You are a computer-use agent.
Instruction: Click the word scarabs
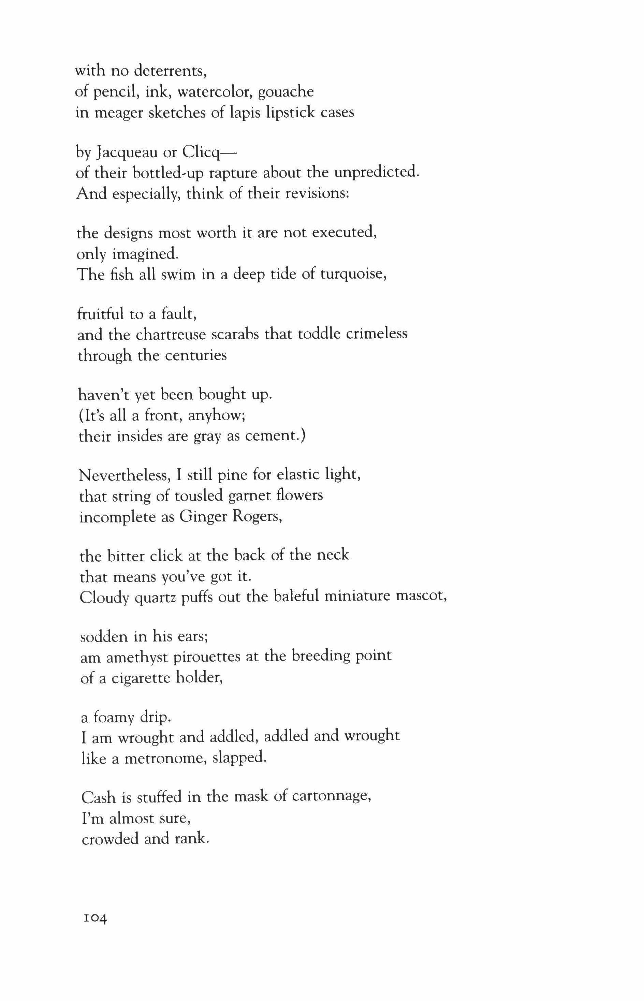pyautogui.click(x=235, y=335)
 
